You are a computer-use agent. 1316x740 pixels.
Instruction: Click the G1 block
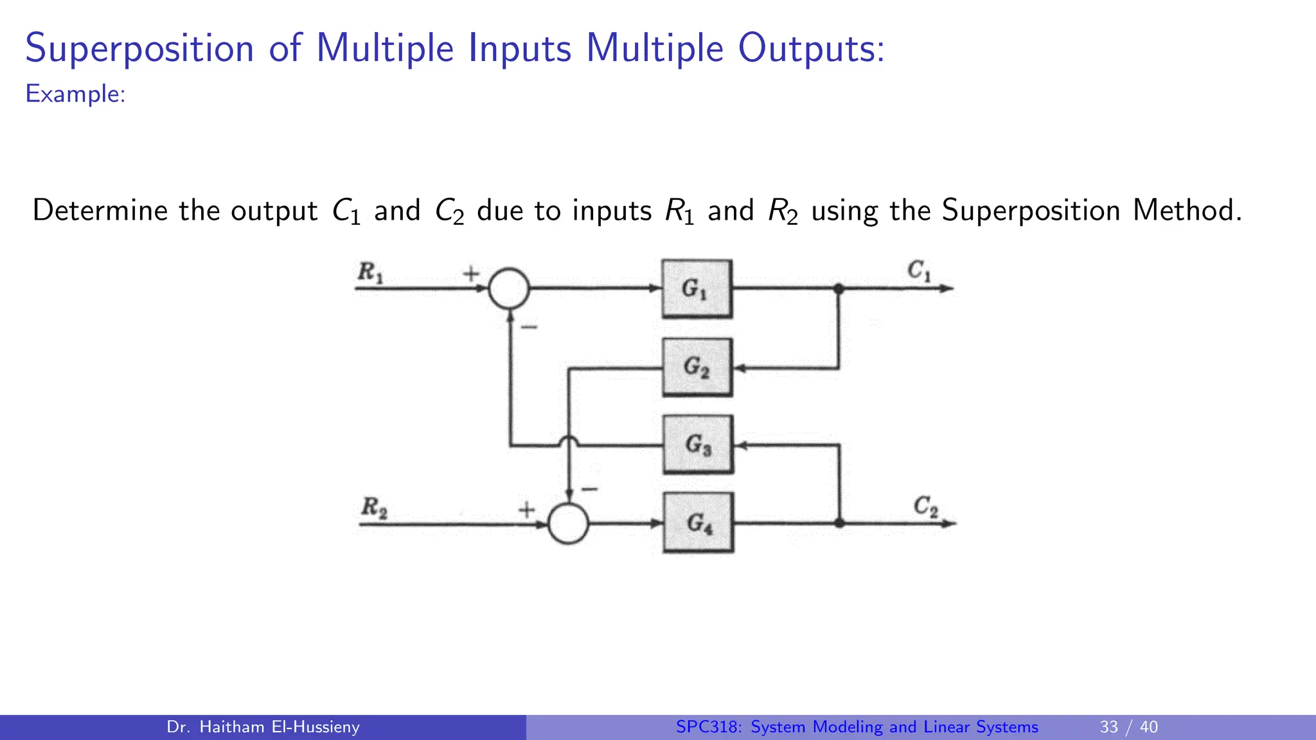[x=697, y=288]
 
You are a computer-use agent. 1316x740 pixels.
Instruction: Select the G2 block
[x=697, y=367]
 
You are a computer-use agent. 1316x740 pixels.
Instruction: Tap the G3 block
[x=698, y=445]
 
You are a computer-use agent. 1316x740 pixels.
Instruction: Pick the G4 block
[x=698, y=523]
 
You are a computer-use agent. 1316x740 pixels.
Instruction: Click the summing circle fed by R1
[x=509, y=288]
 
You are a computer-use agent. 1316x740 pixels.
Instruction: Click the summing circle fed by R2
[x=568, y=524]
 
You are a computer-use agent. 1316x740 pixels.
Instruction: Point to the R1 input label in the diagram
[x=371, y=272]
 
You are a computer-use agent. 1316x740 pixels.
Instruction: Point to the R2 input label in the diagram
[x=374, y=507]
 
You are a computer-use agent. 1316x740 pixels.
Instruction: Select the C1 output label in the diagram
[x=919, y=270]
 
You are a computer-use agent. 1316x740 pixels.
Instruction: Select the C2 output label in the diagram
[x=925, y=507]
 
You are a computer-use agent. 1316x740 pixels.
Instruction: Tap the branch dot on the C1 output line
[x=839, y=288]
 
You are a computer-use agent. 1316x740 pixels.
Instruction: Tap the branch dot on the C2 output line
[x=839, y=524]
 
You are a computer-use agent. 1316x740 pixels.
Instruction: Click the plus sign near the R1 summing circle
[x=471, y=274]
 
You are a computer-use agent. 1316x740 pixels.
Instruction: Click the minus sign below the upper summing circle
[x=529, y=328]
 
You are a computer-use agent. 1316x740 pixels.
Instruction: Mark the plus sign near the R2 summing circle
[x=527, y=510]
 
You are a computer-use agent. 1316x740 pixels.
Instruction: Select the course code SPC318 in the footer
[x=709, y=727]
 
